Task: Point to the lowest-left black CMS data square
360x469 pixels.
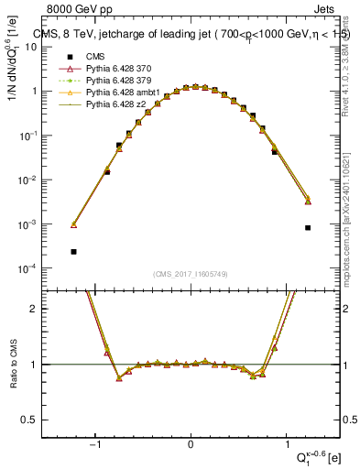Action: coord(73,251)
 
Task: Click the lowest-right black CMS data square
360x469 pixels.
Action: coord(308,227)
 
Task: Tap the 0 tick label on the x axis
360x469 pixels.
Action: coord(191,446)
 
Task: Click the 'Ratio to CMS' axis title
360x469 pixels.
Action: coord(12,364)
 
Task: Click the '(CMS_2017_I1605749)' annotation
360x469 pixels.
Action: coord(190,275)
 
